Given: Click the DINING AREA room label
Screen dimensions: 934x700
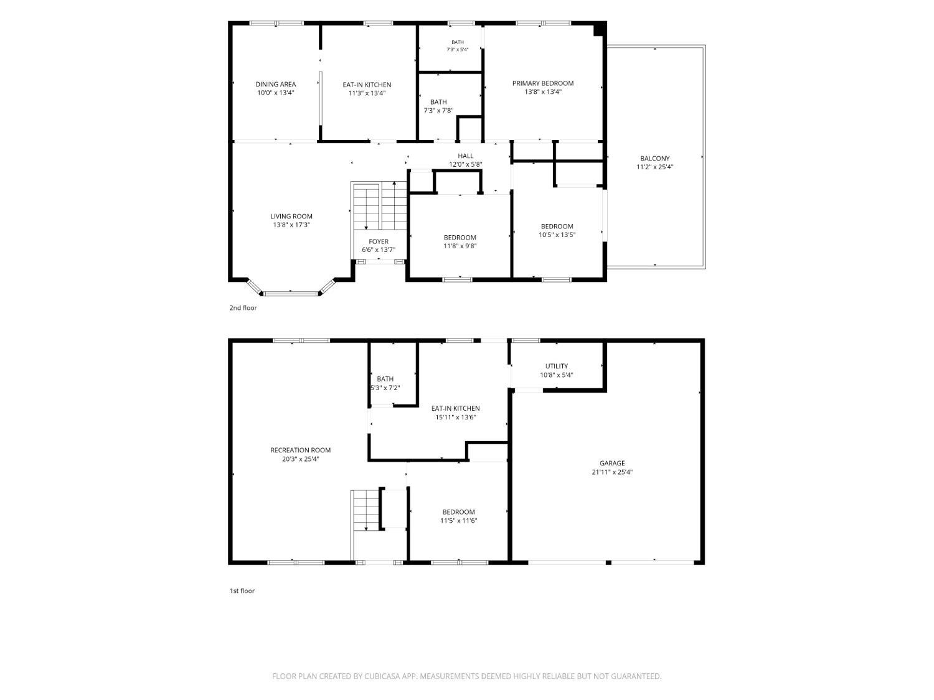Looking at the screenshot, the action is (275, 84).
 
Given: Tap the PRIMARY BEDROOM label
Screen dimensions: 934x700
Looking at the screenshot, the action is (542, 83).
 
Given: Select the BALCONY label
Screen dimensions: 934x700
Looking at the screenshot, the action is (654, 159).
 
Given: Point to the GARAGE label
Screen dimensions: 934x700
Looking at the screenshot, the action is (612, 464).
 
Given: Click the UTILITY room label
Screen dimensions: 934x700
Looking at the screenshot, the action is (556, 366).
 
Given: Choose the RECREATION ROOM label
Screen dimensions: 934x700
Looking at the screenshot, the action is (300, 450).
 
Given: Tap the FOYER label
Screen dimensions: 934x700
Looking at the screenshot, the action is (379, 241).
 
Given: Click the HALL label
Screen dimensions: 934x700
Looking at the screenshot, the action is (466, 156).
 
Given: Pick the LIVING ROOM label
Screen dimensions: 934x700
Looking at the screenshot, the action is (291, 217).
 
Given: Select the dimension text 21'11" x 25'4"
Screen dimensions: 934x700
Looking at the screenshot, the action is (612, 472).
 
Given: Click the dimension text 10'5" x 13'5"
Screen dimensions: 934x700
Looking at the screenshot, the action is (557, 235).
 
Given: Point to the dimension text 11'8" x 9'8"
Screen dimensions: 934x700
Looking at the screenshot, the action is (460, 246).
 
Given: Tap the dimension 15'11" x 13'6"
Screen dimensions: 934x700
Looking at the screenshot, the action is (455, 417).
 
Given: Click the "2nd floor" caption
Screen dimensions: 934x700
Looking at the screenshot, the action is (243, 308).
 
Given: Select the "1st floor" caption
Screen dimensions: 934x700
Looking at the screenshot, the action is (242, 590).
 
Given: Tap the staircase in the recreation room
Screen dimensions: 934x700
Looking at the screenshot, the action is (366, 510).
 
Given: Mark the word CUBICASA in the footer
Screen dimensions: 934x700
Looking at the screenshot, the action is (382, 676).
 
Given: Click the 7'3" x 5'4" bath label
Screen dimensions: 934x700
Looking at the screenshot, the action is (458, 46).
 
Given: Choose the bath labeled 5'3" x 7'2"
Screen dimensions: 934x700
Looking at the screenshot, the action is (385, 383).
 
